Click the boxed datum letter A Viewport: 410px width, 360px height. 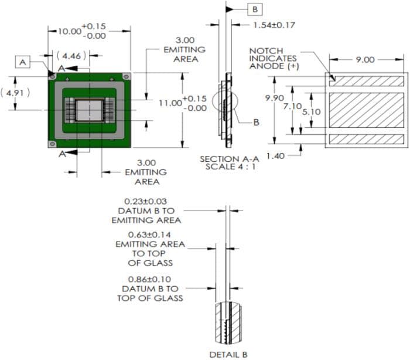(x=23, y=62)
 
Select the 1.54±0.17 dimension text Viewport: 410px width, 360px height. (x=274, y=25)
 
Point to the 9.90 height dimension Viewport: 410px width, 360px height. (x=275, y=98)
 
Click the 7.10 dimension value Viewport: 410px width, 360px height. (x=292, y=106)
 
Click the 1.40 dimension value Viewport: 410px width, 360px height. (x=275, y=155)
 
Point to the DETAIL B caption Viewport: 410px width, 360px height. (x=228, y=354)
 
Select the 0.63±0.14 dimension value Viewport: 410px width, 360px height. (x=149, y=234)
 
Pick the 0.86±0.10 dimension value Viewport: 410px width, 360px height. (x=149, y=279)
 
